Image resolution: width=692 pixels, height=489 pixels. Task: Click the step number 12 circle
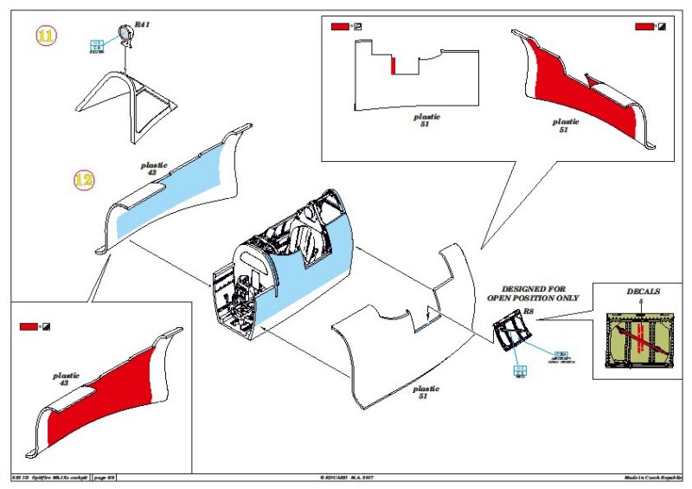tap(84, 180)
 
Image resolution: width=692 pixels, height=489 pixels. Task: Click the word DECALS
tap(643, 292)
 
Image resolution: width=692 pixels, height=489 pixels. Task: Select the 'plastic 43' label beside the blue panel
tap(154, 168)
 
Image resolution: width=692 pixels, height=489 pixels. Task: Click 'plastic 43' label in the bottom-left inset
tap(67, 379)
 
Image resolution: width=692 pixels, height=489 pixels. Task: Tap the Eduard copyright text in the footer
tap(350, 477)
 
